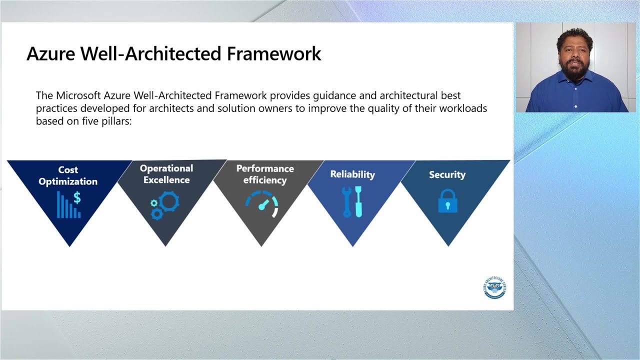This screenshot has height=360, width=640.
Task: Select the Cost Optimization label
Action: coord(68,175)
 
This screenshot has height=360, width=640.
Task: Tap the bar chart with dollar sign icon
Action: coord(69,205)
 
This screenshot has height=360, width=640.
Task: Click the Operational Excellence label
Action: coord(166,174)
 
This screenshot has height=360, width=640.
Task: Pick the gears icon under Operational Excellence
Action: coord(165,206)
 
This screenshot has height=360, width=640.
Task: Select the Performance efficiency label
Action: coord(265,174)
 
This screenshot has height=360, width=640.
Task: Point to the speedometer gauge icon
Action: coord(262,205)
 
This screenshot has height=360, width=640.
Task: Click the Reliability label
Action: coord(352,174)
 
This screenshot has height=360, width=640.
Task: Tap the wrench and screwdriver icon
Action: coord(352,201)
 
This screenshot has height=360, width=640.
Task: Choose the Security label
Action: coord(447,174)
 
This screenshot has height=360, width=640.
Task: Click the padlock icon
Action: coord(447,201)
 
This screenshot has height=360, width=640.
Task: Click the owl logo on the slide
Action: coord(494,287)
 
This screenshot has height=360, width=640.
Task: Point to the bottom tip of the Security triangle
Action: coord(448,245)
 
